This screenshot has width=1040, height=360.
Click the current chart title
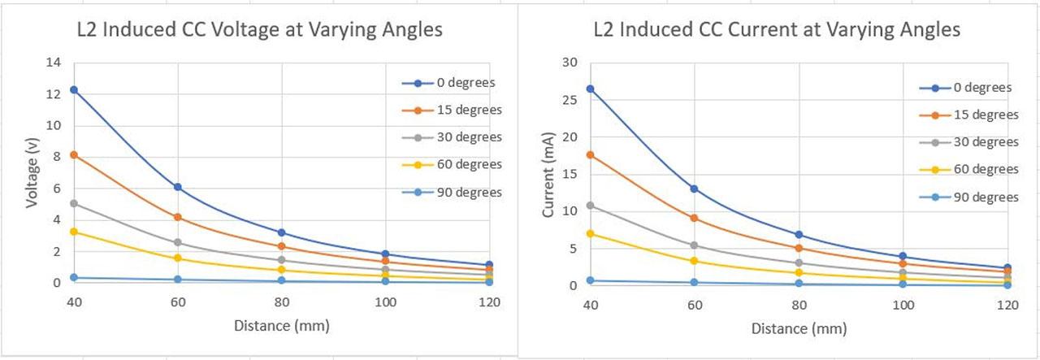tap(777, 30)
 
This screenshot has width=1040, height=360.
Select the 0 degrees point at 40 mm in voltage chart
tap(74, 89)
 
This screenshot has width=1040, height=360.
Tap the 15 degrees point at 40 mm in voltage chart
tap(74, 154)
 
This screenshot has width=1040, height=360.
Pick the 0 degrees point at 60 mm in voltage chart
tap(177, 187)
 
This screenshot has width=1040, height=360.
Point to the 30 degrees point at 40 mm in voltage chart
tap(74, 203)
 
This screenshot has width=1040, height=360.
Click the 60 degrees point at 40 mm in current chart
tap(591, 234)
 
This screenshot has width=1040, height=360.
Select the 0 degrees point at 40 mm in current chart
tap(591, 89)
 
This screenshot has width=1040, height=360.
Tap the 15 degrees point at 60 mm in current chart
tap(695, 218)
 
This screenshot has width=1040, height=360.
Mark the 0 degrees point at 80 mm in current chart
tap(799, 235)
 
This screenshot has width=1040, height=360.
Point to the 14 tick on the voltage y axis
tap(54, 63)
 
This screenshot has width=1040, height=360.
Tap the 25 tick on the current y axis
tap(570, 99)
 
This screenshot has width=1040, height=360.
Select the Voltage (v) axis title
tap(32, 172)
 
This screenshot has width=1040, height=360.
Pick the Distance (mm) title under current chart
tap(799, 329)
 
